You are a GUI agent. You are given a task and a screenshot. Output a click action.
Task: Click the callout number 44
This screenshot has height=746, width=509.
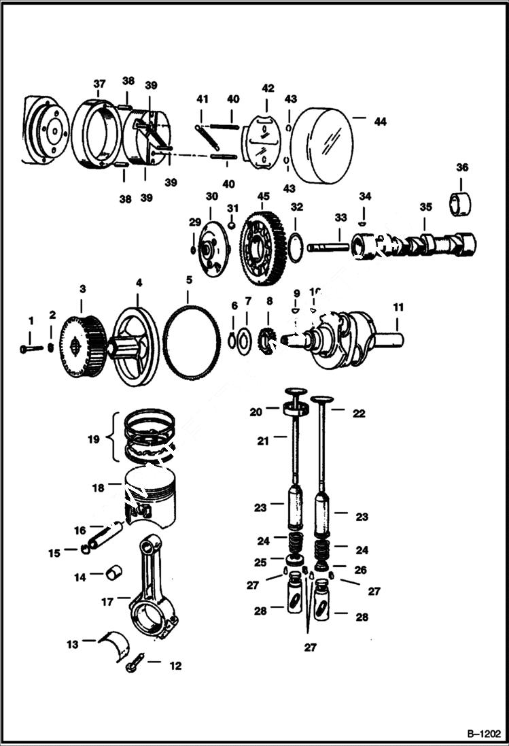[379, 121]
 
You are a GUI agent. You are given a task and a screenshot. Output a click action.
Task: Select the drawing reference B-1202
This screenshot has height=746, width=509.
[482, 734]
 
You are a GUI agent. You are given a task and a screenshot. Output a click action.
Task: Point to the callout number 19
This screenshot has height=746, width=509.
[93, 439]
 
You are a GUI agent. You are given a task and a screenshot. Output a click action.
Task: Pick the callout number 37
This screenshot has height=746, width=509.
[99, 84]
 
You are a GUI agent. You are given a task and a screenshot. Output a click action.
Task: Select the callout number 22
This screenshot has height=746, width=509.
[358, 413]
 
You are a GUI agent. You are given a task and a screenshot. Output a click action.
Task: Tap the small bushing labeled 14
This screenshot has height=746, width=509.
[113, 573]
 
